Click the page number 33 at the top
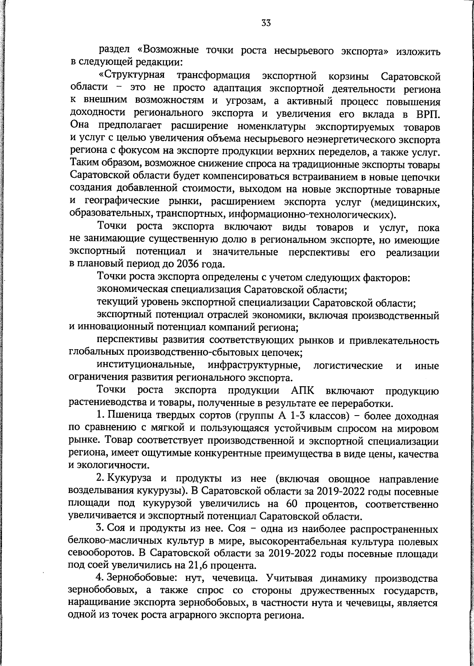pyautogui.click(x=266, y=23)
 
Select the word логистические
pyautogui.click(x=348, y=365)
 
